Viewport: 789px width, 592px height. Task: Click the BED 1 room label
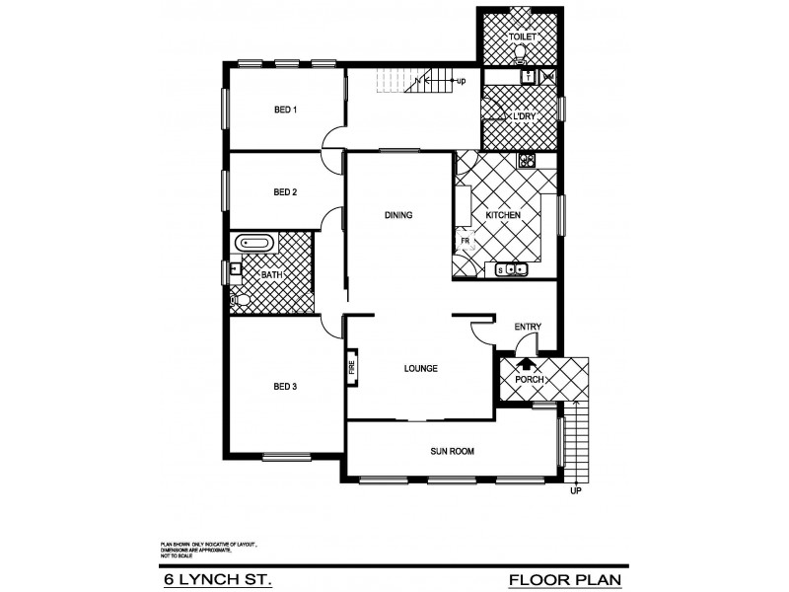pos(285,110)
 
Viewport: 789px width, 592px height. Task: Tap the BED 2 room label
pos(285,192)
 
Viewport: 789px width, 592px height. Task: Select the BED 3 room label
pos(285,386)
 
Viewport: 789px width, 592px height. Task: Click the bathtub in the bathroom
pos(255,243)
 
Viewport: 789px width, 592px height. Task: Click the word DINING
pos(397,215)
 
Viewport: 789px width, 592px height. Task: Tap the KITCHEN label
pos(503,215)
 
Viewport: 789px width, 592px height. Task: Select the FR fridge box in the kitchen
pos(462,241)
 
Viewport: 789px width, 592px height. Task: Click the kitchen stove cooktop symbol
pos(527,160)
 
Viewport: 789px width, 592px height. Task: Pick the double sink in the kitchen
pos(512,269)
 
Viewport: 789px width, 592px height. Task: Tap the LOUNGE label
pos(420,369)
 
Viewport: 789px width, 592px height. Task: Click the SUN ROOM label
pos(453,451)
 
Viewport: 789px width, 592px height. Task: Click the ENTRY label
pos(528,328)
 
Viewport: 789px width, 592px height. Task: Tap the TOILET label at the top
pos(522,37)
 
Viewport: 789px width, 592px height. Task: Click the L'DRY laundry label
pos(522,116)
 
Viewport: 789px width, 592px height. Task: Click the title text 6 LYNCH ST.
pos(218,578)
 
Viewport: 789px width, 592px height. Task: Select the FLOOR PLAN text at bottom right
pos(565,578)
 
